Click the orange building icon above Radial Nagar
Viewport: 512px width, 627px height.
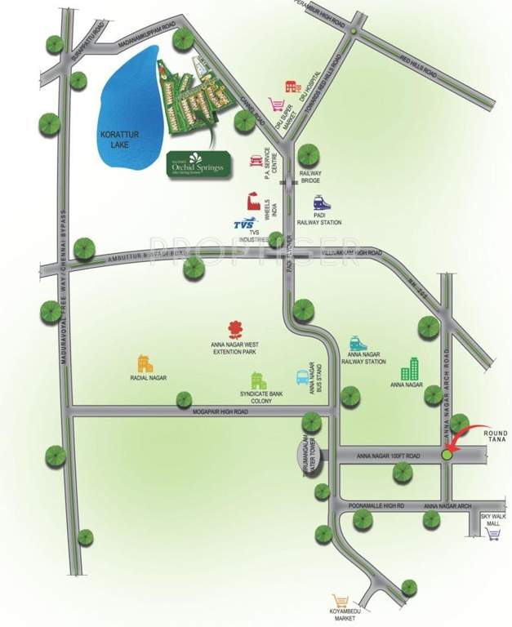[145, 364]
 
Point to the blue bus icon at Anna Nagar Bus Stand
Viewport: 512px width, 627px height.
[303, 378]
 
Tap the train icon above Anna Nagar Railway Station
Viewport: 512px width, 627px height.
[358, 343]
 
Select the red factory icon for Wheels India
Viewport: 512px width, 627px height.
[253, 201]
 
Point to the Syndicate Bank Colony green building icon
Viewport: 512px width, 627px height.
[259, 380]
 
